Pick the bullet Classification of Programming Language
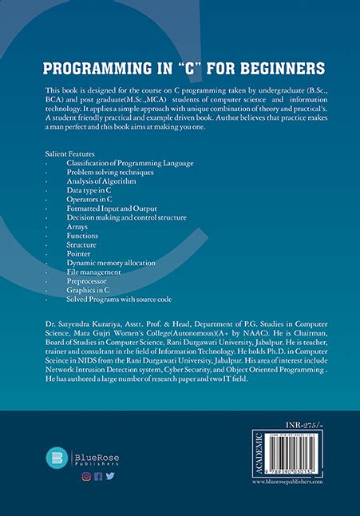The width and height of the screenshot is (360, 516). tap(129, 163)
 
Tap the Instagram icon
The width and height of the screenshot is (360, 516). tap(85, 477)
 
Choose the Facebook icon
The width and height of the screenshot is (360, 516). tap(97, 477)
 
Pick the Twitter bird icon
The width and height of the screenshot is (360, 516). tap(109, 477)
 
